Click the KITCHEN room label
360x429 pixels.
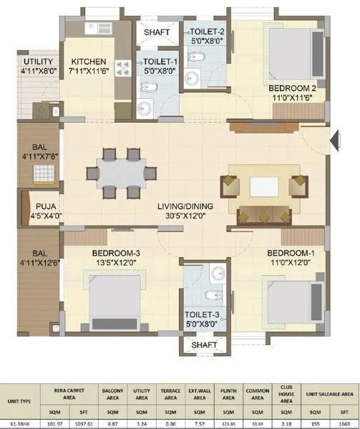pos(90,62)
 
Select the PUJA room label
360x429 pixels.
pos(39,203)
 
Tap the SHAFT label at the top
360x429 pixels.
pos(157,33)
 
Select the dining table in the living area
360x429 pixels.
pos(120,173)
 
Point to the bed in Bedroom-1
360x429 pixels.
pos(289,301)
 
